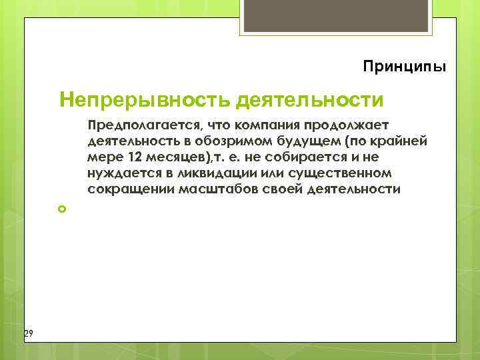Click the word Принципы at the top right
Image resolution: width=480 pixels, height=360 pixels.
pyautogui.click(x=405, y=67)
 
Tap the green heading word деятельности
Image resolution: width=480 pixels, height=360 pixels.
pyautogui.click(x=310, y=100)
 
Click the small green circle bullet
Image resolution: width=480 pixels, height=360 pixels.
pyautogui.click(x=63, y=209)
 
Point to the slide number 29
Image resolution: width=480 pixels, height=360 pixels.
pyautogui.click(x=28, y=333)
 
